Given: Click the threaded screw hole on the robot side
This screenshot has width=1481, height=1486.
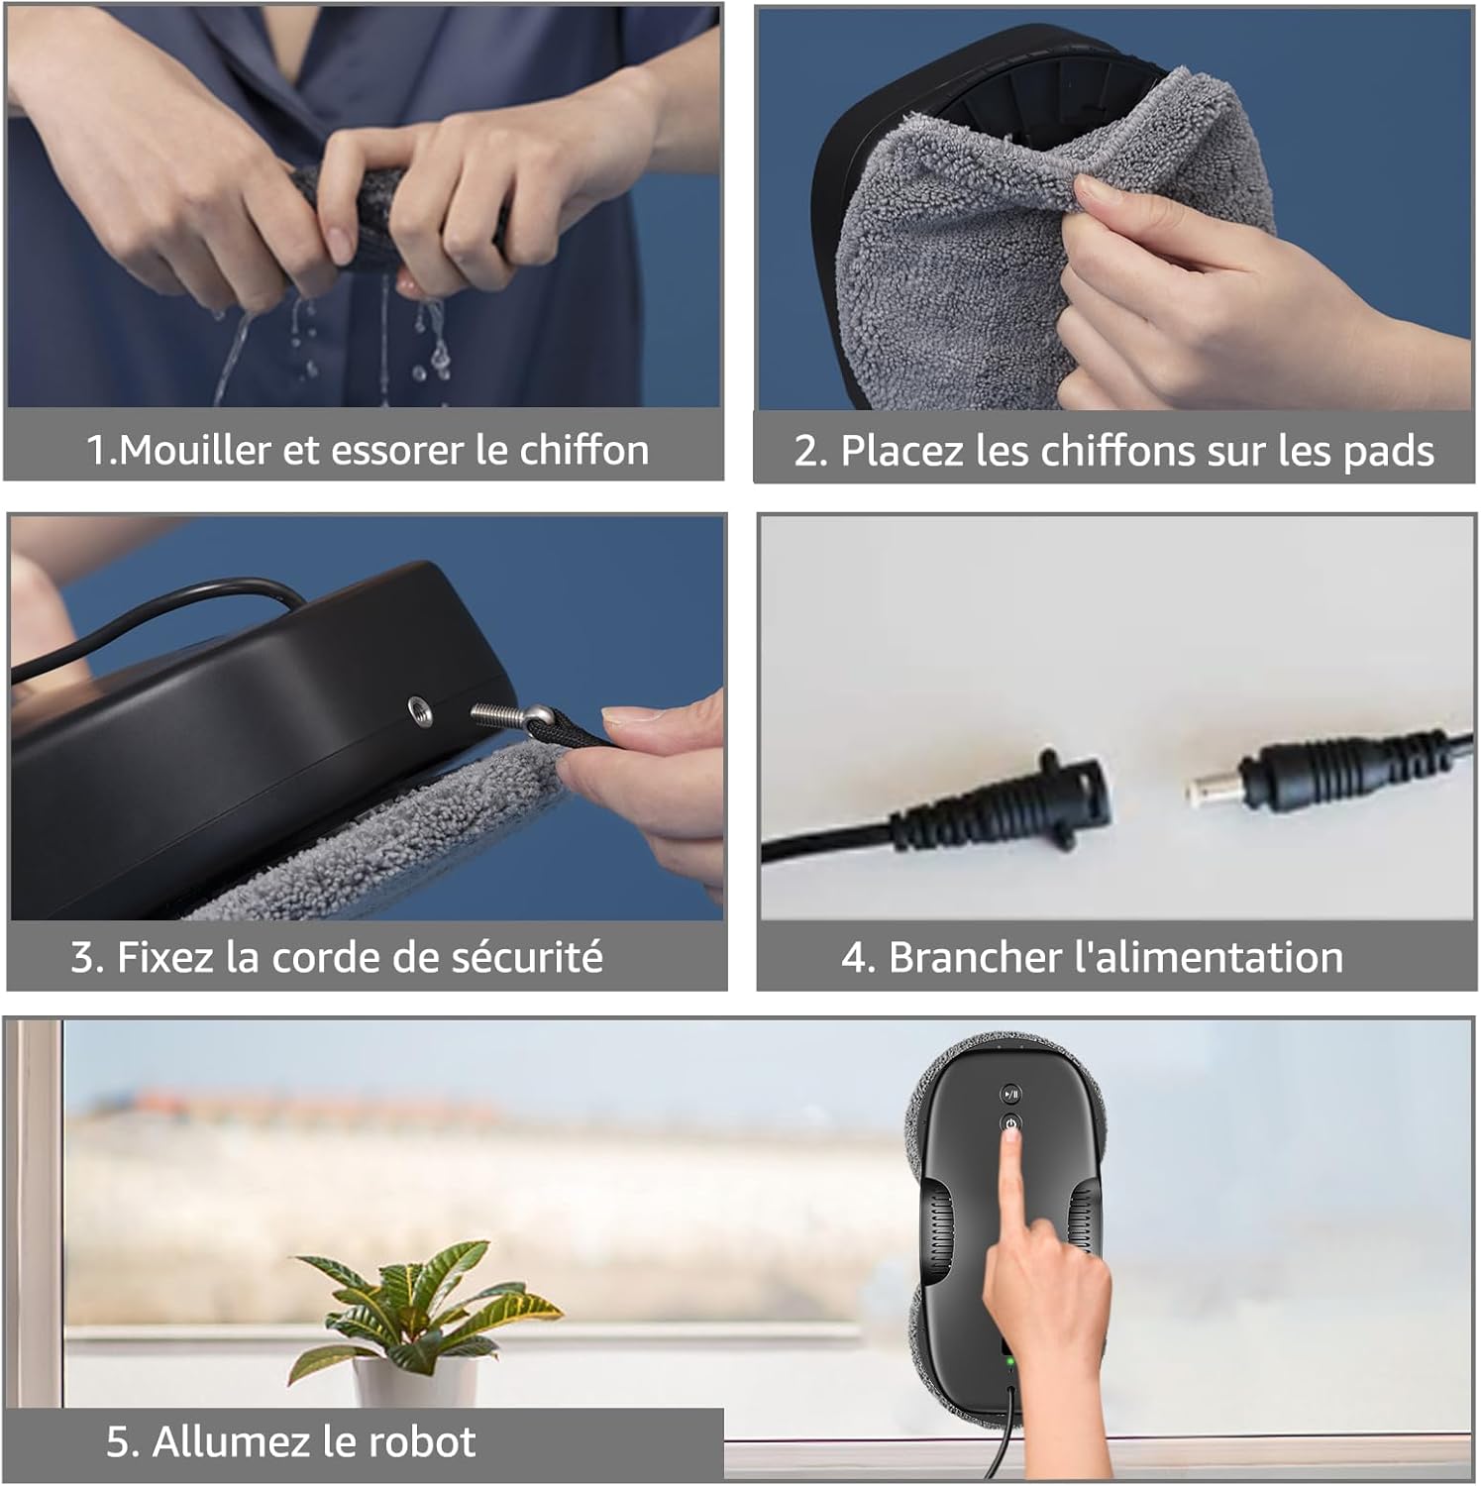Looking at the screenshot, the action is pos(420,711).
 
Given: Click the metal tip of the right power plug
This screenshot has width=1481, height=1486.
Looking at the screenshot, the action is pos(1205,788).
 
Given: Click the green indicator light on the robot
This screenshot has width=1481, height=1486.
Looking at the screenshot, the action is pos(1009,1361).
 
